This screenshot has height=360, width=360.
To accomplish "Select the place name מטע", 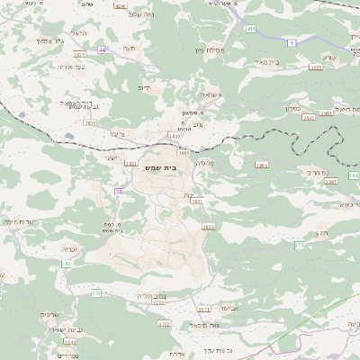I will (x=322, y=232).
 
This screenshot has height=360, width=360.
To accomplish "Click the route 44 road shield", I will (x=102, y=49).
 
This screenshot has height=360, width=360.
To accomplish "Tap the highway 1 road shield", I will (x=290, y=41).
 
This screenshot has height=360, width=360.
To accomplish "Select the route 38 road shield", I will (x=120, y=192).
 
